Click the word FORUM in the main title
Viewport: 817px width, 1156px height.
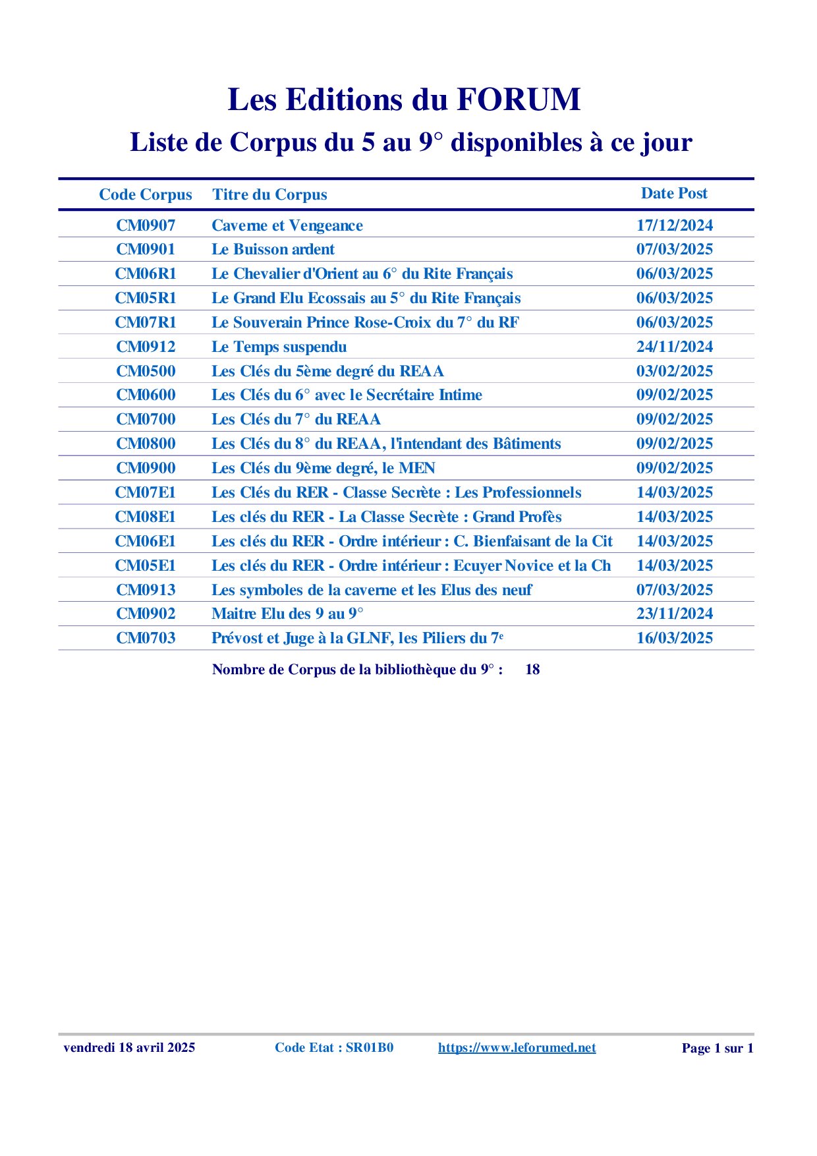(518, 100)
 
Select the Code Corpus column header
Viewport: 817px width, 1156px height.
(146, 194)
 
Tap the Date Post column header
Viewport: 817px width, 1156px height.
(674, 193)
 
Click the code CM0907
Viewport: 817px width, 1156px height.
(146, 225)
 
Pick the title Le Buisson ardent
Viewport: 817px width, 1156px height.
(273, 249)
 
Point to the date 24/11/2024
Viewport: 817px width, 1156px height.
(674, 347)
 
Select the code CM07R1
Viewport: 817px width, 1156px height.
(146, 322)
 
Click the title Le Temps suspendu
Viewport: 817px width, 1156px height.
(279, 347)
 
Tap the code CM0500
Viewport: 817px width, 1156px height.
(146, 371)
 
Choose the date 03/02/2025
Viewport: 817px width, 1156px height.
(674, 371)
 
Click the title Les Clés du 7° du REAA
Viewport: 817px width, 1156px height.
(296, 419)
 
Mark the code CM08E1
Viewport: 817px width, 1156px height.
(146, 517)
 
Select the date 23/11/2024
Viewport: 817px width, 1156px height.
(674, 614)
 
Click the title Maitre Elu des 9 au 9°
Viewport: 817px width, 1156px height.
(287, 614)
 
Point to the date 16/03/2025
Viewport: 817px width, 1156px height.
(674, 638)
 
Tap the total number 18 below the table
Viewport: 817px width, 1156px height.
(532, 670)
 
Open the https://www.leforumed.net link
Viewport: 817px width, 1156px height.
(517, 1048)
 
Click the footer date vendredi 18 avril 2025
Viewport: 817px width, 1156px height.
(129, 1048)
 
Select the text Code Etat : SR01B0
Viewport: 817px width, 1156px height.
(334, 1048)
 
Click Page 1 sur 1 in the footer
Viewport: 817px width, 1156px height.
(717, 1049)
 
